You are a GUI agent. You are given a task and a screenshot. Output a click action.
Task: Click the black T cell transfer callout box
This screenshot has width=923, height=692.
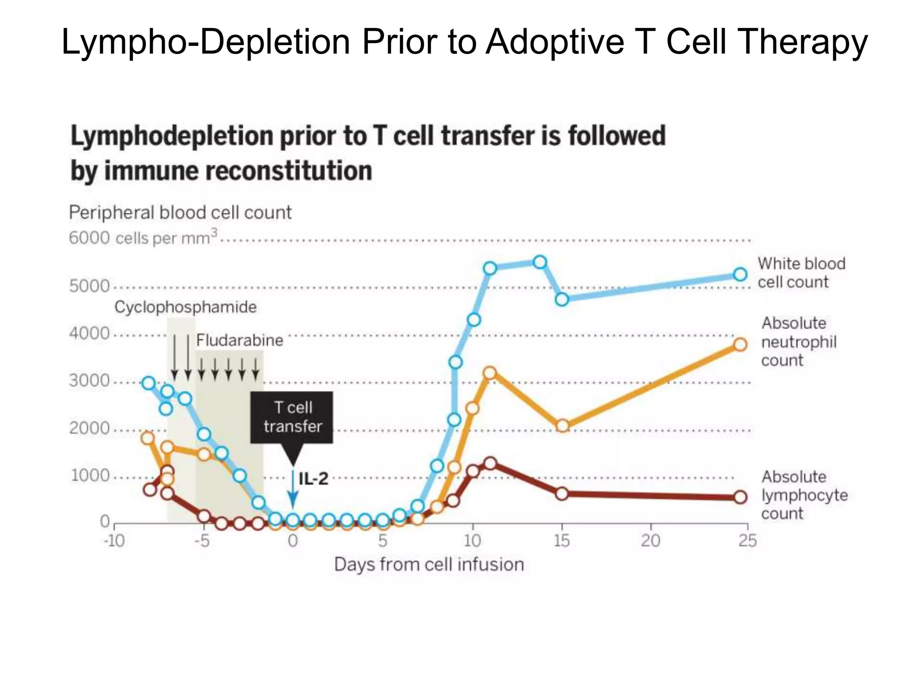pos(292,417)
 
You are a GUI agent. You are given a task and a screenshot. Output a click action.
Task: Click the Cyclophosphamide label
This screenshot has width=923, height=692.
pos(185,307)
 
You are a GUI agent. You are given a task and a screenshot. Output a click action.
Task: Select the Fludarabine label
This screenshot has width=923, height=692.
pos(239,340)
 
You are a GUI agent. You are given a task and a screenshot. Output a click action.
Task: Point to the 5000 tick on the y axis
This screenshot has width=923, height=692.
pos(89,286)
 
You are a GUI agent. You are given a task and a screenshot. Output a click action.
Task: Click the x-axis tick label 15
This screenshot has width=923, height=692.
pos(562,540)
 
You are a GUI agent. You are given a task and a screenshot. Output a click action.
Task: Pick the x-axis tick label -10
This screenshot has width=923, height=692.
pos(114,540)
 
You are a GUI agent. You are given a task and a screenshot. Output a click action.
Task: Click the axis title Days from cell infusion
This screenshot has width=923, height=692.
pos(429,565)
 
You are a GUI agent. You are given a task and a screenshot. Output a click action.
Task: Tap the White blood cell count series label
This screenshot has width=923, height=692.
pos(801,273)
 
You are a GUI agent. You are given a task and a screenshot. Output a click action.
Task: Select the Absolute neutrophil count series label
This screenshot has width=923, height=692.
pos(799,341)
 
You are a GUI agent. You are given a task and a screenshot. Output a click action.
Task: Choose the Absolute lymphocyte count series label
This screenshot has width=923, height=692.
pos(804,495)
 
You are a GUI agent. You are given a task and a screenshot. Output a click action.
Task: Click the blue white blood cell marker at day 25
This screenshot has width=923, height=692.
pos(740,274)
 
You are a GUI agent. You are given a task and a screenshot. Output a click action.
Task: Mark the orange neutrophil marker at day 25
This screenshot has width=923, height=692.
pos(740,345)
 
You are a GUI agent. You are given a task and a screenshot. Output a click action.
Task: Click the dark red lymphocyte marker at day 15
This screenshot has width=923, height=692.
pos(562,494)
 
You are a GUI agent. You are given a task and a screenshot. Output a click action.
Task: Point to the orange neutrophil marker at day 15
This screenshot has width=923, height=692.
pos(562,426)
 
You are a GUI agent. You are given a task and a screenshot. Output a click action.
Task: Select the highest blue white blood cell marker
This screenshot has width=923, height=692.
pos(540,262)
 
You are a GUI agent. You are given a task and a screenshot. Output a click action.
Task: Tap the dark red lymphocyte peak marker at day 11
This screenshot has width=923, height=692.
pos(490,464)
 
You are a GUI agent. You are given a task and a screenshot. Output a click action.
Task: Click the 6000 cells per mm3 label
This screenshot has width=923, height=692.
pos(143,237)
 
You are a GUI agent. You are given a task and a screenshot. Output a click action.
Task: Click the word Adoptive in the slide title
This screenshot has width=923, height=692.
pos(555,41)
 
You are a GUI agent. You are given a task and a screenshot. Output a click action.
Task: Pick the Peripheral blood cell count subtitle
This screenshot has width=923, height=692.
pos(180,212)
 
